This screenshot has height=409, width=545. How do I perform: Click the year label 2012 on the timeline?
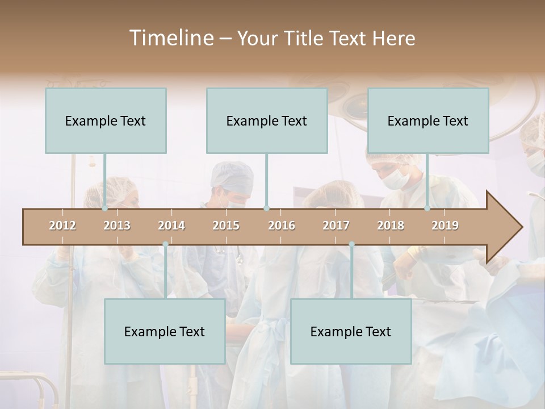[x=62, y=226]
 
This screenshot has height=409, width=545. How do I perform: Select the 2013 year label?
[x=117, y=226]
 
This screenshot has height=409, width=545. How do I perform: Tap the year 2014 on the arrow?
[x=171, y=226]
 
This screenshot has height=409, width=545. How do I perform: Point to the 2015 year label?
[x=226, y=226]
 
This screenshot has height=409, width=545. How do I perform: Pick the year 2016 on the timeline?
[x=282, y=226]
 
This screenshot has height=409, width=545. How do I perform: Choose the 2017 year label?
[x=336, y=226]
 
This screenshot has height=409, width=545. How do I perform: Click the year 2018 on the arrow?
[x=391, y=226]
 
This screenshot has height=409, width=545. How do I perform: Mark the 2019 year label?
[x=445, y=226]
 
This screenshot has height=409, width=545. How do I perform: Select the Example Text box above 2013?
[x=106, y=120]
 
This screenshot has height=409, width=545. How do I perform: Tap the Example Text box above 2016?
[x=267, y=120]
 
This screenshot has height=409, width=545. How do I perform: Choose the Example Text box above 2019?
[x=428, y=120]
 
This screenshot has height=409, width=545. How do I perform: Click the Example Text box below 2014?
[x=165, y=331]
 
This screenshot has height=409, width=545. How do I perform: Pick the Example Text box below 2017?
[x=351, y=331]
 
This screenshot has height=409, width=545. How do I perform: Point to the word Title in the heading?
[x=307, y=38]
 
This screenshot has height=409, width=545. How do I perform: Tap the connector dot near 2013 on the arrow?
[x=104, y=208]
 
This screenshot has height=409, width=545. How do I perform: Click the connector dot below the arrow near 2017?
[x=351, y=244]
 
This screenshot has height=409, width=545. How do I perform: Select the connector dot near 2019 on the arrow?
[x=427, y=208]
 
